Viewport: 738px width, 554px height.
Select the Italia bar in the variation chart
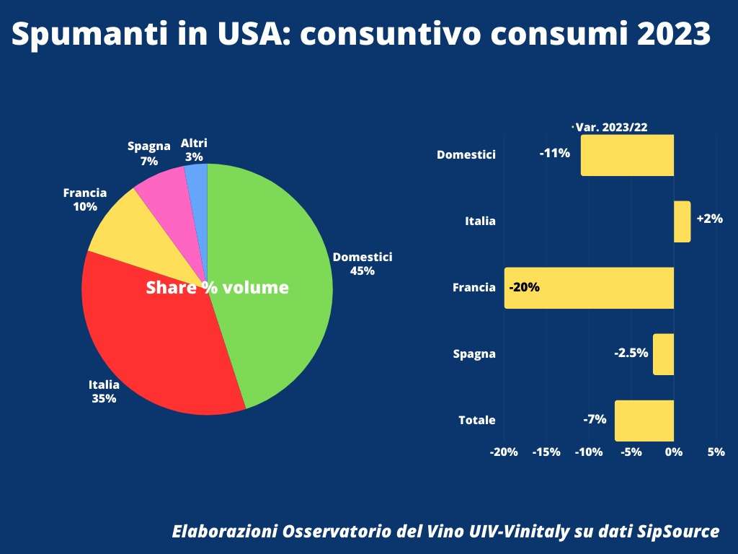point(682,221)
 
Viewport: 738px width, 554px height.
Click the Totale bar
point(644,421)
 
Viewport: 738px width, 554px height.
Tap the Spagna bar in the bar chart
point(663,354)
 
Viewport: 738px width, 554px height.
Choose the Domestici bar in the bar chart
point(627,155)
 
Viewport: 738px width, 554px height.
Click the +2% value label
point(709,219)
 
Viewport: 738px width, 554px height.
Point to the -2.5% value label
point(631,353)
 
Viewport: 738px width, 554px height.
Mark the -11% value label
point(555,153)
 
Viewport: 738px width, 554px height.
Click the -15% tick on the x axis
point(546,452)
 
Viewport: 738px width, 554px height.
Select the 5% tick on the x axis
point(716,452)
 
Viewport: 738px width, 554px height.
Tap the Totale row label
point(477,420)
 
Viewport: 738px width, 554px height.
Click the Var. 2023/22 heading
point(611,127)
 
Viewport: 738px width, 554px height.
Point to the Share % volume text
point(217,288)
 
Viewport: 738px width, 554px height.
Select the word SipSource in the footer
point(678,532)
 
